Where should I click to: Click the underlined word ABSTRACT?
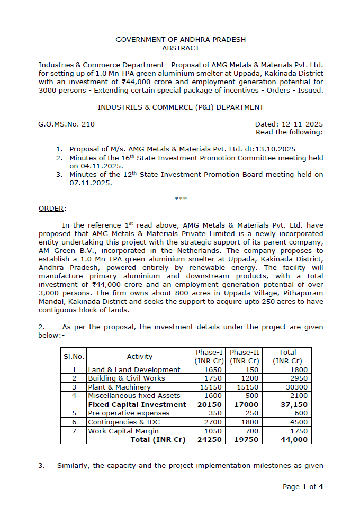181,48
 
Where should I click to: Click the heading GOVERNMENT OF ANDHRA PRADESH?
181,40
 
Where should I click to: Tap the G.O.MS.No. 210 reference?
66,124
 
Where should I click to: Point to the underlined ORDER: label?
52,208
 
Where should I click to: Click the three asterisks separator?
181,198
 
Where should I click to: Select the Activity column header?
140,357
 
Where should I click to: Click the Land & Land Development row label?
134,369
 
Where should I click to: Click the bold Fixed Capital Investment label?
137,404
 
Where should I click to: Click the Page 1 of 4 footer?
303,486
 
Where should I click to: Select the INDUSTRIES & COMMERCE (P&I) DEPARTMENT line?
181,107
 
